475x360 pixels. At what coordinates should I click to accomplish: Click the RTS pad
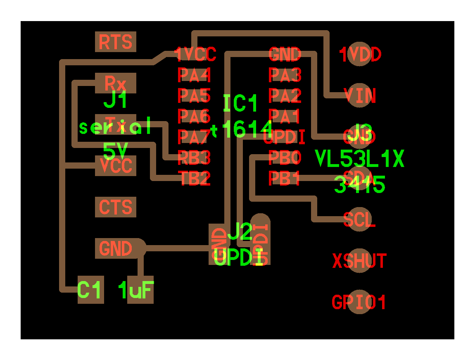116,42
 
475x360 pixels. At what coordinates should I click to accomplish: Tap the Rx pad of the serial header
116,83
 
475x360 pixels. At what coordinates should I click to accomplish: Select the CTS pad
116,207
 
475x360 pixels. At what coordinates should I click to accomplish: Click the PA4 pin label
194,75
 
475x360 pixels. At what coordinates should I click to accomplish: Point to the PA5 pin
194,96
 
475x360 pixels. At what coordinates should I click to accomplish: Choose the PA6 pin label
194,116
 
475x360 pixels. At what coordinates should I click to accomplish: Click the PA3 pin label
285,75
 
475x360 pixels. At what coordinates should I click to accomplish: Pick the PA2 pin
285,96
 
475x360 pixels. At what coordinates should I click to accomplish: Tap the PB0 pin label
285,157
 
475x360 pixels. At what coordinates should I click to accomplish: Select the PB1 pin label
285,178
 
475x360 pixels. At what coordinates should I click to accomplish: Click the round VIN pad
359,96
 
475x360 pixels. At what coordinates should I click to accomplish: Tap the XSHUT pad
359,261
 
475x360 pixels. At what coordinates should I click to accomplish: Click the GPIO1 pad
359,302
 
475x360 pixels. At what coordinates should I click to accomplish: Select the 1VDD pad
359,54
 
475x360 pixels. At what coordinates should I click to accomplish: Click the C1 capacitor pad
90,290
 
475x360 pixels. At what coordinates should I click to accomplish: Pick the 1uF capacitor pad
140,290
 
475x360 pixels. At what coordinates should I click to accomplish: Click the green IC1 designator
240,104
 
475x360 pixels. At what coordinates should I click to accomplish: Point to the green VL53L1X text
359,159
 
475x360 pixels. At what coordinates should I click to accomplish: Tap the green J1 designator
116,100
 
